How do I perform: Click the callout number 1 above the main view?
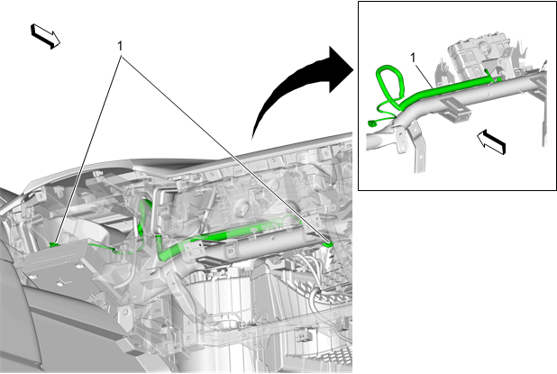(x=120, y=46)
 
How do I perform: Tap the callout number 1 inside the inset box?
(x=413, y=58)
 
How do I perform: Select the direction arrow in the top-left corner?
(x=45, y=36)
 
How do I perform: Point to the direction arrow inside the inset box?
(x=491, y=141)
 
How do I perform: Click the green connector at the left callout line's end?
(x=54, y=244)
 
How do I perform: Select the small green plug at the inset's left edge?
(x=372, y=123)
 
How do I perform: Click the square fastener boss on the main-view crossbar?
(x=230, y=251)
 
